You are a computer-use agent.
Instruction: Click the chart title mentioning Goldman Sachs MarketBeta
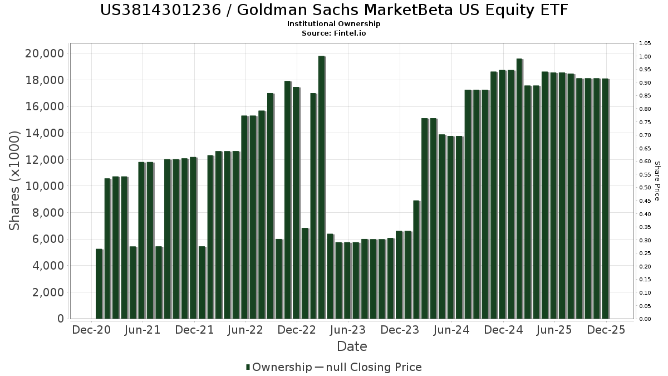[x=334, y=10]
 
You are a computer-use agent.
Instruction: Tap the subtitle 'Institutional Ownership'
[x=334, y=24]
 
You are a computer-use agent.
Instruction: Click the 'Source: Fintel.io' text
[x=334, y=33]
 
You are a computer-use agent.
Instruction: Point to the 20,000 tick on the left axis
[x=43, y=53]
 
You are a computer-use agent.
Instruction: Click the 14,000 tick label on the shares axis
[x=43, y=133]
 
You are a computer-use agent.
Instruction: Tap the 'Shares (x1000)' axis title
[x=15, y=180]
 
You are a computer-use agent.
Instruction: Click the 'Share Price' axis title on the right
[x=657, y=180]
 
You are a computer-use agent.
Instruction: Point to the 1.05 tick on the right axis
[x=645, y=43]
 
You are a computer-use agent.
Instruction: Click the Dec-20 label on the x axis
[x=92, y=330]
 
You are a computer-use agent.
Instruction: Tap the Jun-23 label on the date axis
[x=348, y=330]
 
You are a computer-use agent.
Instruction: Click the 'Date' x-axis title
[x=352, y=346]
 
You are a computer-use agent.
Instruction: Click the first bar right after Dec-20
[x=99, y=284]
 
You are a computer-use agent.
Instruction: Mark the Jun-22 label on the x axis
[x=245, y=330]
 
